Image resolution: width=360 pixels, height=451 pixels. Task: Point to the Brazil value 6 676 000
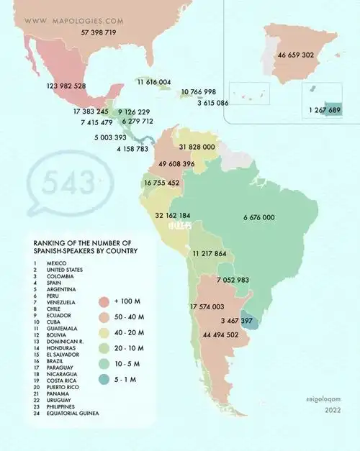point(258,217)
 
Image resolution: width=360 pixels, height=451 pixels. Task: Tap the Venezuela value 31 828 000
point(197,147)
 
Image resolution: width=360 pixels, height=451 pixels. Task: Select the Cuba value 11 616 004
point(154,83)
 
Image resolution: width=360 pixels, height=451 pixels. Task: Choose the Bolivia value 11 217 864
point(210,254)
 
